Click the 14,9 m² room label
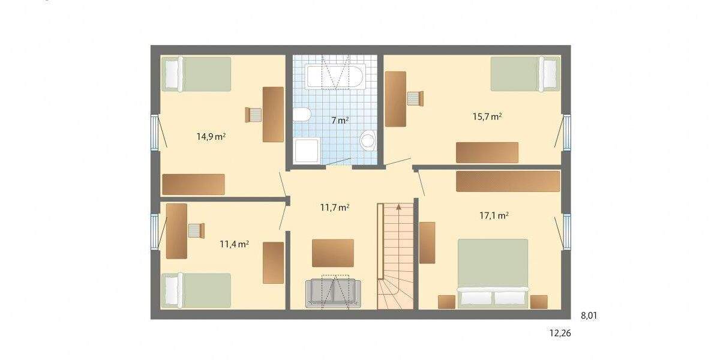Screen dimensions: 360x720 (x=211, y=136)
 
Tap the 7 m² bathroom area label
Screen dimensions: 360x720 (x=340, y=120)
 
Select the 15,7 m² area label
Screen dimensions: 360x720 (x=487, y=117)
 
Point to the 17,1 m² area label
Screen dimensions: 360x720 (x=494, y=215)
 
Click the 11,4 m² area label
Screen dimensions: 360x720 (x=234, y=244)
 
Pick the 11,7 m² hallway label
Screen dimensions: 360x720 (x=335, y=208)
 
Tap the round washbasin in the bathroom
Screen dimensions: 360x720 (x=368, y=140)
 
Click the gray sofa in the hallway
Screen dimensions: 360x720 (x=334, y=293)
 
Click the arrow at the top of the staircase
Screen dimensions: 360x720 (x=397, y=208)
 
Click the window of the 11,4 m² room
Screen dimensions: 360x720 (x=154, y=231)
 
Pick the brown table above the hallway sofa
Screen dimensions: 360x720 (x=333, y=253)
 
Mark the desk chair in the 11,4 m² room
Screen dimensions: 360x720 (x=196, y=230)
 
